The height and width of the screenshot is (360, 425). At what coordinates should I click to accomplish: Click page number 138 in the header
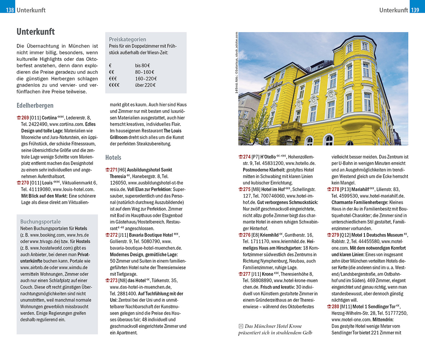click(9, 10)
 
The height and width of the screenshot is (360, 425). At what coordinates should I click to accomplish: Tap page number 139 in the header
click(415, 10)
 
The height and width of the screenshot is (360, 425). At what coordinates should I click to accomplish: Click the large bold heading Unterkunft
click(36, 32)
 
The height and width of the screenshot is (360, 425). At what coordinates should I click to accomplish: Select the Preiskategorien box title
click(128, 39)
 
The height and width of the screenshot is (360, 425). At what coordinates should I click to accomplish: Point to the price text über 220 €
click(145, 85)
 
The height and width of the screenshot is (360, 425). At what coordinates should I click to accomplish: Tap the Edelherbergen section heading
click(35, 105)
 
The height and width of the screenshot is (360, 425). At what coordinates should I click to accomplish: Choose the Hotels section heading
click(113, 157)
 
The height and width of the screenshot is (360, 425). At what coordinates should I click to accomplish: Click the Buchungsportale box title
click(40, 222)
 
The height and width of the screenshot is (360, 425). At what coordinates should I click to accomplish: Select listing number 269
click(25, 118)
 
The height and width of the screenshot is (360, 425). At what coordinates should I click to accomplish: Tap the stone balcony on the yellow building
click(290, 127)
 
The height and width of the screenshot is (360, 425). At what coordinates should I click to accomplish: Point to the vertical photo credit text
click(237, 63)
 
